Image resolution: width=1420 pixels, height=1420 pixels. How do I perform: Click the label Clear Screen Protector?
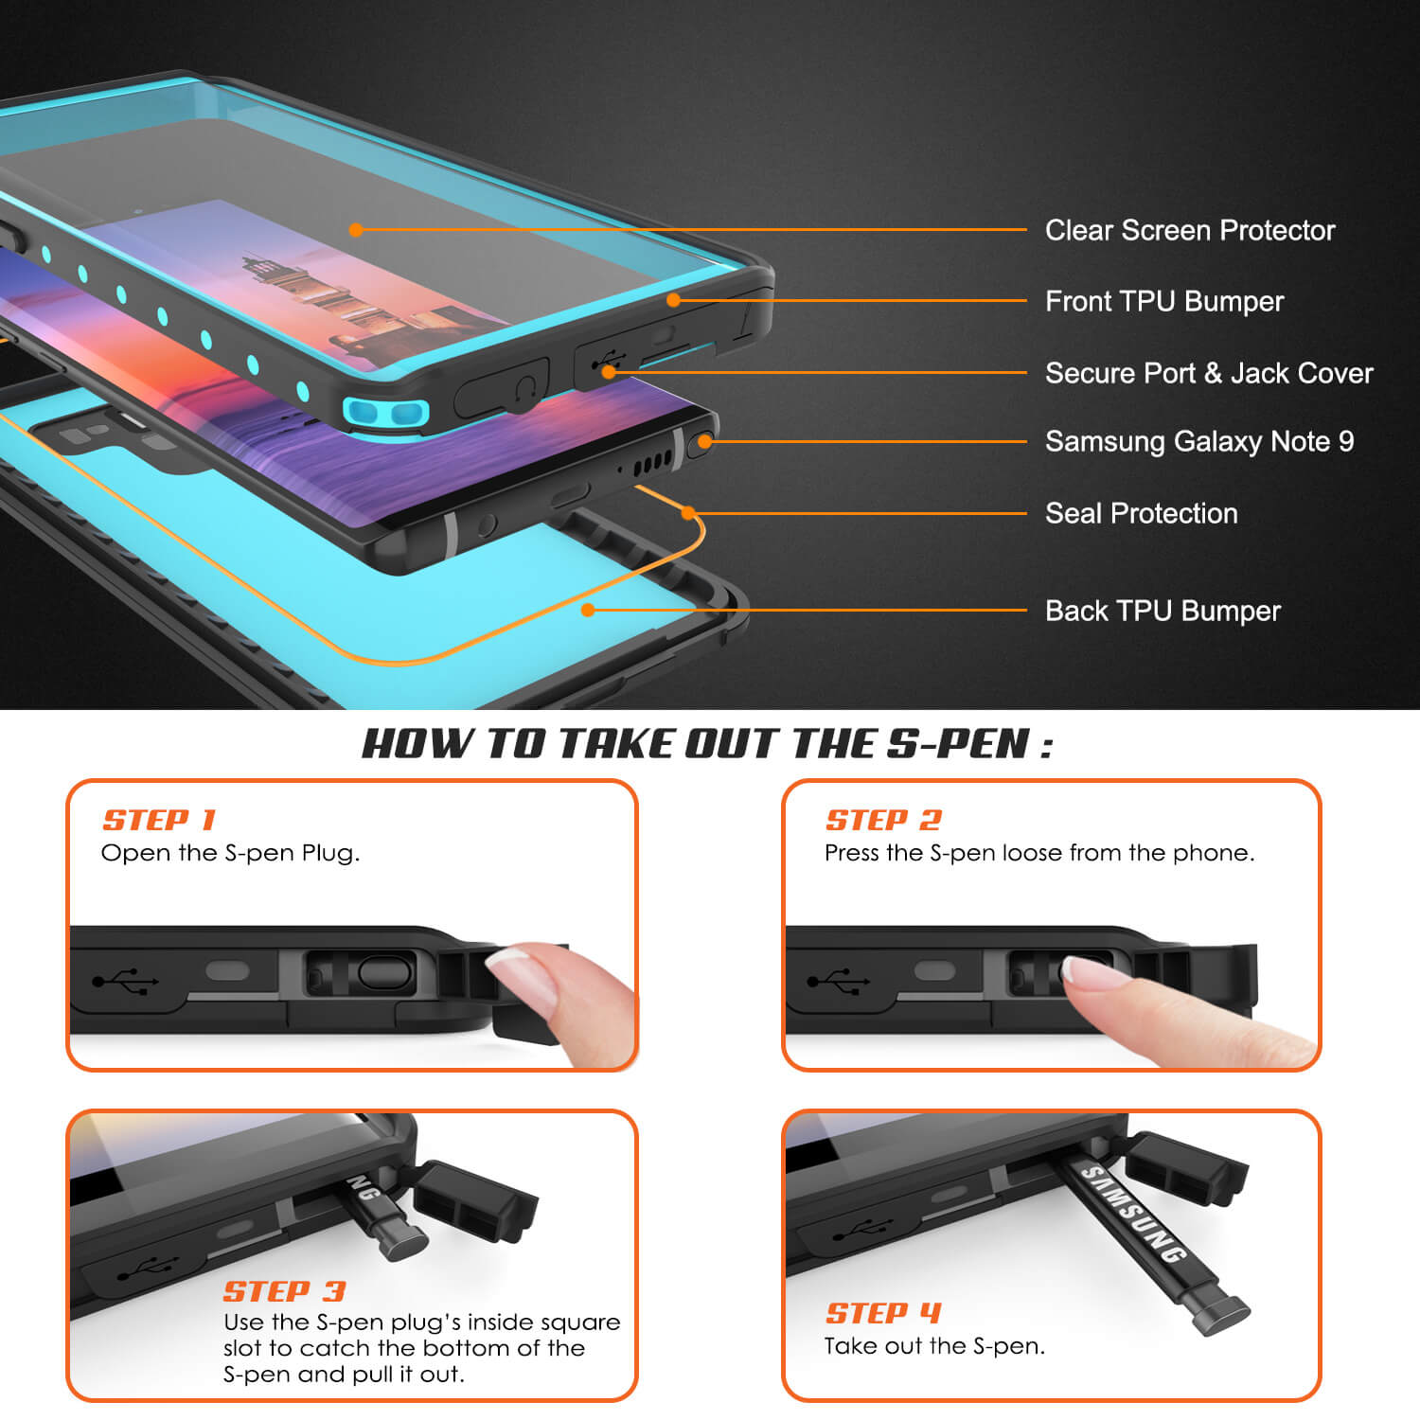(x=1190, y=230)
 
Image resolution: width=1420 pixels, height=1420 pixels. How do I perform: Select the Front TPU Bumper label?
(x=1164, y=301)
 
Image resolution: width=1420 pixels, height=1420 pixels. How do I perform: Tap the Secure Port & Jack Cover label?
(x=1209, y=373)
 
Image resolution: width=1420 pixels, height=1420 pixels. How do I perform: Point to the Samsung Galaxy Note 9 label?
(x=1199, y=441)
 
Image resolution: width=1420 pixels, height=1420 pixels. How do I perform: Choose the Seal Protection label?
(x=1142, y=513)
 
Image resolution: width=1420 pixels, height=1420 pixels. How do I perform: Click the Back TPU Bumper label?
(x=1163, y=611)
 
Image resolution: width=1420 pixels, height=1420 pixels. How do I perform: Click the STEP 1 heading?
(x=159, y=820)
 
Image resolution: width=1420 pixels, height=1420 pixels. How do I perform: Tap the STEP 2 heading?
(x=884, y=820)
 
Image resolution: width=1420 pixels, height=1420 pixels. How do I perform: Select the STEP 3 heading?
(x=285, y=1291)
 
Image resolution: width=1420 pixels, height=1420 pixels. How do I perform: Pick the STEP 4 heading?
(x=883, y=1313)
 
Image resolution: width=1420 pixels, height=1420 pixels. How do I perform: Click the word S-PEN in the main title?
(x=959, y=744)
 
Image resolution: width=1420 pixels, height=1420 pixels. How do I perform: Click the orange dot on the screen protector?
(x=356, y=230)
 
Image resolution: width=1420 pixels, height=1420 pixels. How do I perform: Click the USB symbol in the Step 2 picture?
(x=838, y=981)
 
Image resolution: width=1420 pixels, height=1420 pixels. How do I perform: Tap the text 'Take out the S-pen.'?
(x=934, y=1346)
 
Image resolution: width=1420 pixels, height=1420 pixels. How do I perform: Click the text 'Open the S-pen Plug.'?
(x=230, y=853)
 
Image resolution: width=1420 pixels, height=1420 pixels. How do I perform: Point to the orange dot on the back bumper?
(x=588, y=611)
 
